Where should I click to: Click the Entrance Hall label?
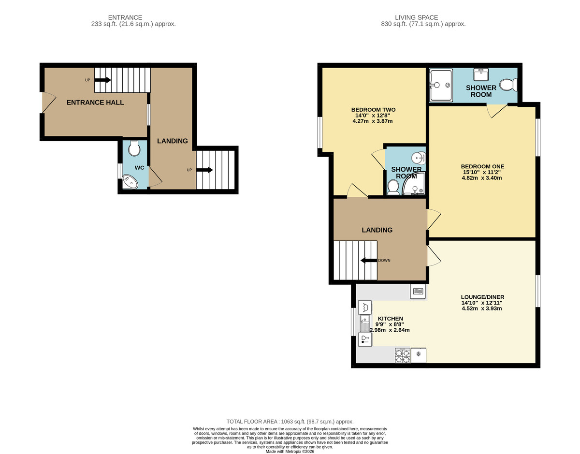pos(95,103)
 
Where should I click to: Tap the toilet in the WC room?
pos(134,148)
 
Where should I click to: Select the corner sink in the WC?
pos(130,181)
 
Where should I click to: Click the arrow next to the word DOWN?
pos(369,260)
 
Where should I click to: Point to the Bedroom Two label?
pos(373,110)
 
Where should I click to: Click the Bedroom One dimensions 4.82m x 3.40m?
pos(482,178)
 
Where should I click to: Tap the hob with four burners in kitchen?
pos(403,355)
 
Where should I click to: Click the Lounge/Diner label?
pos(482,297)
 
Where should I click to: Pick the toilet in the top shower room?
pos(508,85)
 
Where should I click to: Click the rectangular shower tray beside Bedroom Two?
pos(441,86)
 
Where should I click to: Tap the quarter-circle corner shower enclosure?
pos(414,184)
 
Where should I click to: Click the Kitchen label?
pos(390,319)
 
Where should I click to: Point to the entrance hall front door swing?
pos(49,103)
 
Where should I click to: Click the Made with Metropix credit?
pos(290,452)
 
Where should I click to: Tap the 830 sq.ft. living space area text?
pos(423,24)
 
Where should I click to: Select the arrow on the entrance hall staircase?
pos(103,80)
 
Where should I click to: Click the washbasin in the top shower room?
pos(481,74)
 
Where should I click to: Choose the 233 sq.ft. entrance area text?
pos(133,24)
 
